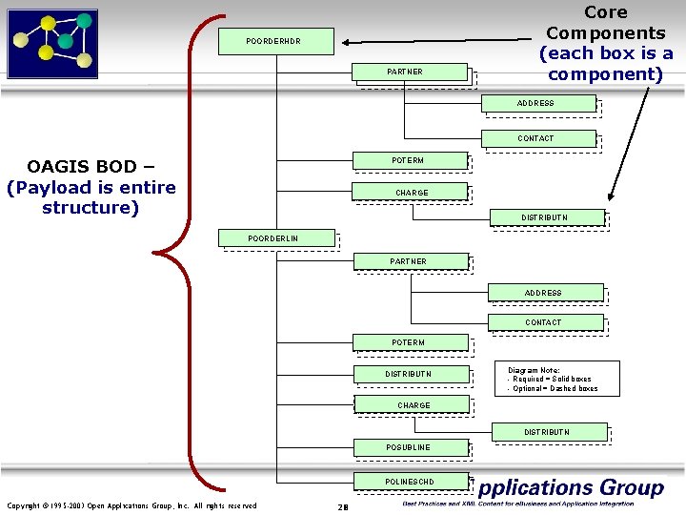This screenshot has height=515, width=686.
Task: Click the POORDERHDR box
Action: pyautogui.click(x=276, y=41)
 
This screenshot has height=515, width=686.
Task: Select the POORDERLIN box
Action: pyautogui.click(x=277, y=237)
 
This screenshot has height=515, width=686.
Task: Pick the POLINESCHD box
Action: pyautogui.click(x=411, y=482)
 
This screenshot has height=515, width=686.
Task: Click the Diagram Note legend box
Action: pyautogui.click(x=557, y=379)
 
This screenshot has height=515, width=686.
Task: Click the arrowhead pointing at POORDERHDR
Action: pyautogui.click(x=349, y=42)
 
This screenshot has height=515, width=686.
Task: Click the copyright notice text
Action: pyautogui.click(x=131, y=505)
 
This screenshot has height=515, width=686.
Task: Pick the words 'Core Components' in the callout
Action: pyautogui.click(x=605, y=23)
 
